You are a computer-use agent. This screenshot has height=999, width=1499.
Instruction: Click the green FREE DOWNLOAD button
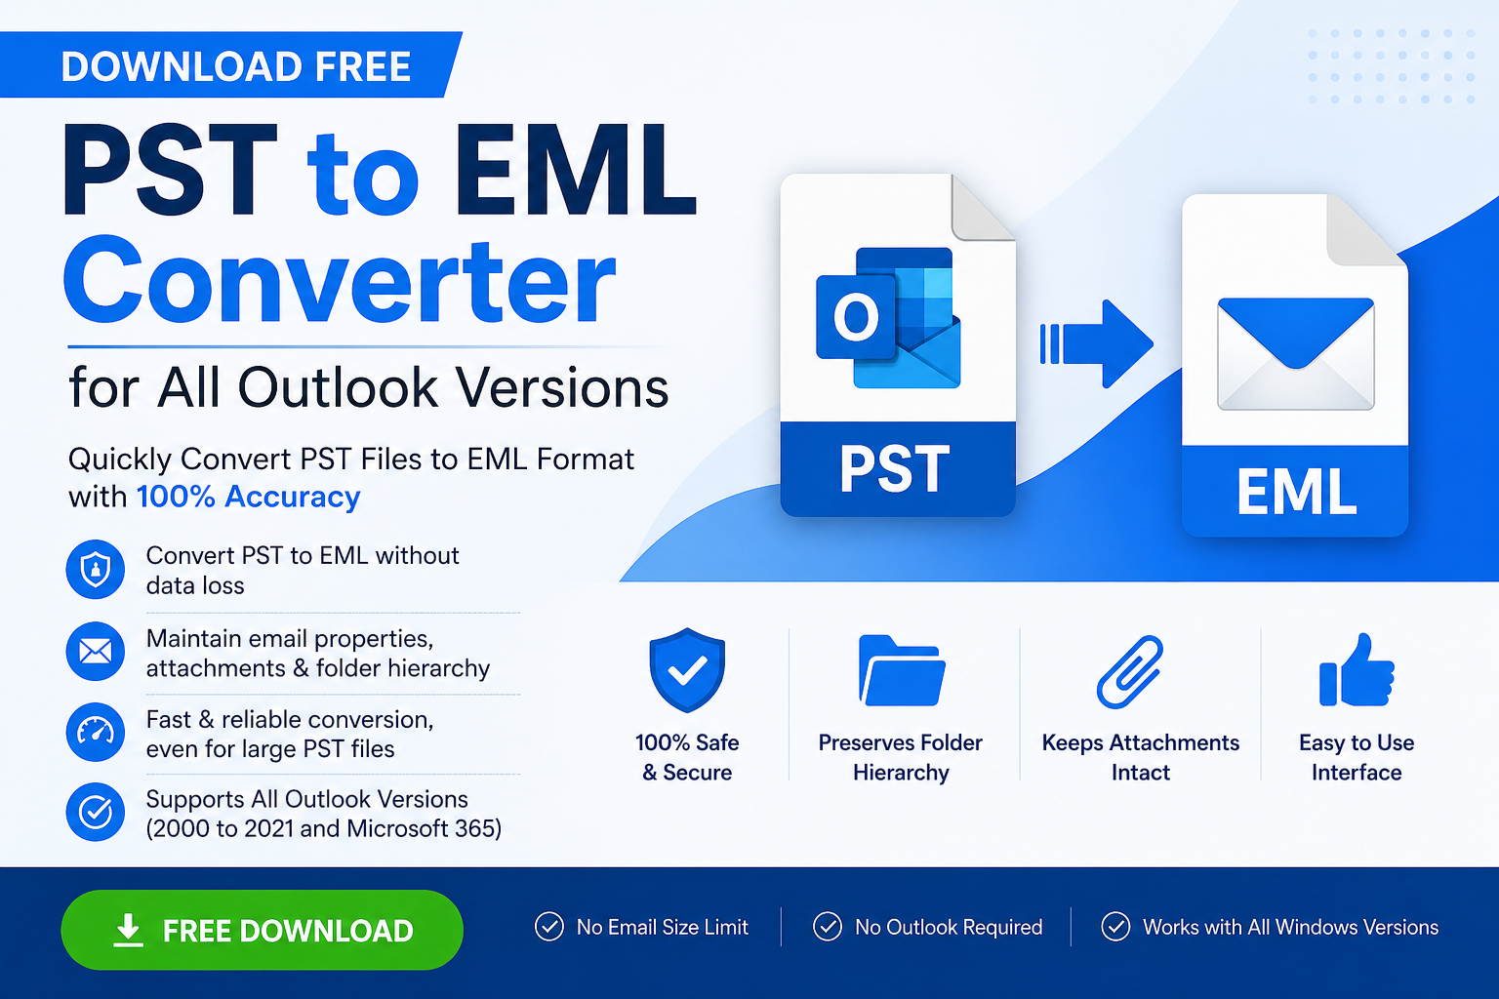[x=262, y=930]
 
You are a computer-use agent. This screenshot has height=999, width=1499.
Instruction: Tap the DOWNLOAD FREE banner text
[x=235, y=66]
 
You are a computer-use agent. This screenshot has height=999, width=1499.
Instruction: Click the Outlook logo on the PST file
[x=889, y=318]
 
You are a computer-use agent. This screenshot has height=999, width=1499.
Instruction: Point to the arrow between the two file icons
[x=1096, y=344]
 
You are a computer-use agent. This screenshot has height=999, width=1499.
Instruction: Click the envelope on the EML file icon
[x=1296, y=354]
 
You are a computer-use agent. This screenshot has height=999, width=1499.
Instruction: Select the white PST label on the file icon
[x=895, y=469]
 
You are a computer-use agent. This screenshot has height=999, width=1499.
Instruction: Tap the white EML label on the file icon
[x=1296, y=492]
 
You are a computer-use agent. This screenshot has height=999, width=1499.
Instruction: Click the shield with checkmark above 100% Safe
[x=687, y=670]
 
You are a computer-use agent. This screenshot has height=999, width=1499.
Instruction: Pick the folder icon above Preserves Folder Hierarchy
[x=902, y=670]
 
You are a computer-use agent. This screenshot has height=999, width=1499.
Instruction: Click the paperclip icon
[x=1130, y=671]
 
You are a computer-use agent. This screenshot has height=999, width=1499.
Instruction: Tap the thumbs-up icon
[x=1357, y=670]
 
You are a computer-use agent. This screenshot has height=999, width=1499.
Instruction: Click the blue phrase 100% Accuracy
[x=248, y=497]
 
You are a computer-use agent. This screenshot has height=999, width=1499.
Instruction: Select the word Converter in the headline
[x=340, y=280]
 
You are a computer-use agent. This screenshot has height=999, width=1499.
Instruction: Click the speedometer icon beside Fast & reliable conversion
[x=95, y=732]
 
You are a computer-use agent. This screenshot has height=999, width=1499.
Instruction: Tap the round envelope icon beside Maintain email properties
[x=95, y=651]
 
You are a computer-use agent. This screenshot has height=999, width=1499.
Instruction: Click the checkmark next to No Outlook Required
[x=828, y=927]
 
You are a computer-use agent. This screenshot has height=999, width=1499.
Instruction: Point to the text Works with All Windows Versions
[x=1290, y=928]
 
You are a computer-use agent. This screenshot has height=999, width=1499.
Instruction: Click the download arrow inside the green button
[x=128, y=931]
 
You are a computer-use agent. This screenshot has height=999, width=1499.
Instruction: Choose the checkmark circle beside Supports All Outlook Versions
[x=95, y=813]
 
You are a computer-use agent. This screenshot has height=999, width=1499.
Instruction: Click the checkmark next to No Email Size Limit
[x=549, y=927]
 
